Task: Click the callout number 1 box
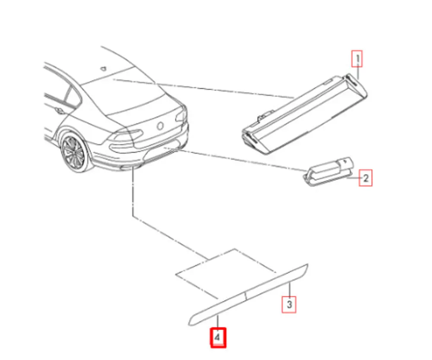(357, 59)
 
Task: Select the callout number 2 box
(365, 178)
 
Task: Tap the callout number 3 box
(289, 304)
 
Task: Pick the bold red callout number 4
(218, 338)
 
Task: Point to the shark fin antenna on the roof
(103, 68)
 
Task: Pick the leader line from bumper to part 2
(242, 160)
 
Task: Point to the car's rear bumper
(143, 155)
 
